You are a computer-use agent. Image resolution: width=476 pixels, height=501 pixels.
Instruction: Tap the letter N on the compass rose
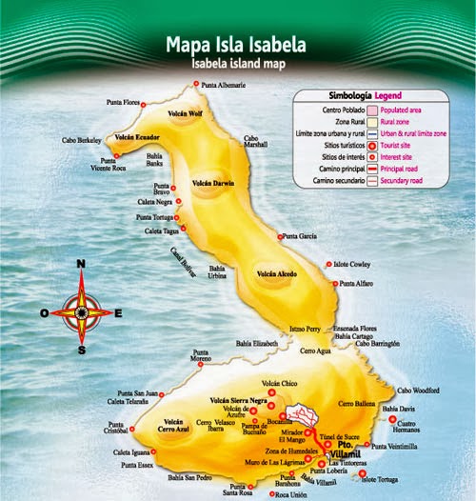(81, 265)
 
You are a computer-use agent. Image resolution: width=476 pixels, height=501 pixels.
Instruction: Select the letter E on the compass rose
(118, 311)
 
